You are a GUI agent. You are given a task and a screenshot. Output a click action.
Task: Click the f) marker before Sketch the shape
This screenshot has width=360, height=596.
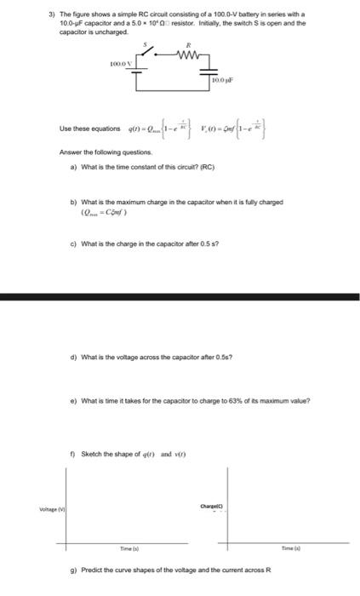[x=74, y=453]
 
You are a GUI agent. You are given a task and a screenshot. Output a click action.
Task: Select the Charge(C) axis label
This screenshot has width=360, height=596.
[x=212, y=506]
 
